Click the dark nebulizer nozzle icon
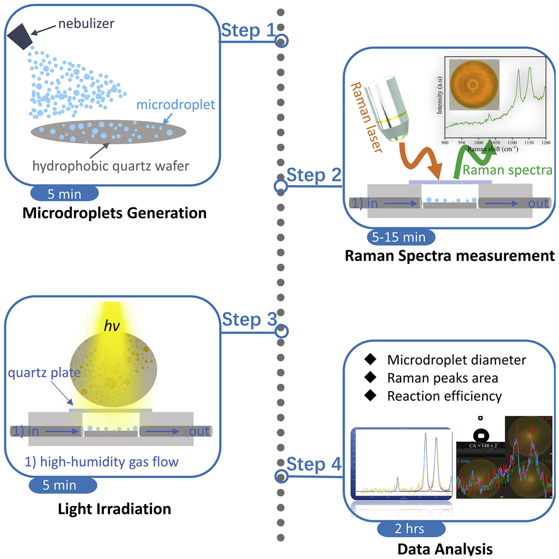pyautogui.click(x=21, y=34)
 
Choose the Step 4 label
pyautogui.click(x=313, y=465)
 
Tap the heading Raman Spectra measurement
pyautogui.click(x=446, y=256)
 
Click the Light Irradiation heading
pyautogui.click(x=114, y=510)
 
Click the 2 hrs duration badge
pyautogui.click(x=411, y=529)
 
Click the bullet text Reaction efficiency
pyautogui.click(x=445, y=396)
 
